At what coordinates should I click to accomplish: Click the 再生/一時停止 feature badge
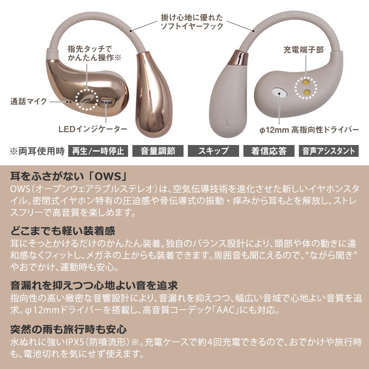(98, 151)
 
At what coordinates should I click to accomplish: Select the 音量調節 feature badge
(158, 151)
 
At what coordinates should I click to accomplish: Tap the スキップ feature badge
(213, 151)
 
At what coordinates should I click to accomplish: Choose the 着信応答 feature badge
(269, 151)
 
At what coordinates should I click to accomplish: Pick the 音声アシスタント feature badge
(328, 151)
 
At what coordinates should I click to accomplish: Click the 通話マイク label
(28, 101)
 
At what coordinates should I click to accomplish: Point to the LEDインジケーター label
(93, 129)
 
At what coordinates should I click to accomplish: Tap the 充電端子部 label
(304, 50)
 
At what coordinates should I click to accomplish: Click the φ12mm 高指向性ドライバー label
(309, 130)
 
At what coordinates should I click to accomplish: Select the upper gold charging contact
(306, 82)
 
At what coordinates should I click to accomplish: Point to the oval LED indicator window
(106, 102)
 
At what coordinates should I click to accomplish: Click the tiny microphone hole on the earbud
(68, 102)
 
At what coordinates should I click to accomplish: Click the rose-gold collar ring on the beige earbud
(238, 58)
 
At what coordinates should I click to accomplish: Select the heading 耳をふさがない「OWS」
(69, 176)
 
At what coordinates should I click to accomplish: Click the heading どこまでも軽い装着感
(63, 231)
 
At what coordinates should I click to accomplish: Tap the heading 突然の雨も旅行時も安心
(68, 330)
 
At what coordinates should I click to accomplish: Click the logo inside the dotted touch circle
(87, 100)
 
